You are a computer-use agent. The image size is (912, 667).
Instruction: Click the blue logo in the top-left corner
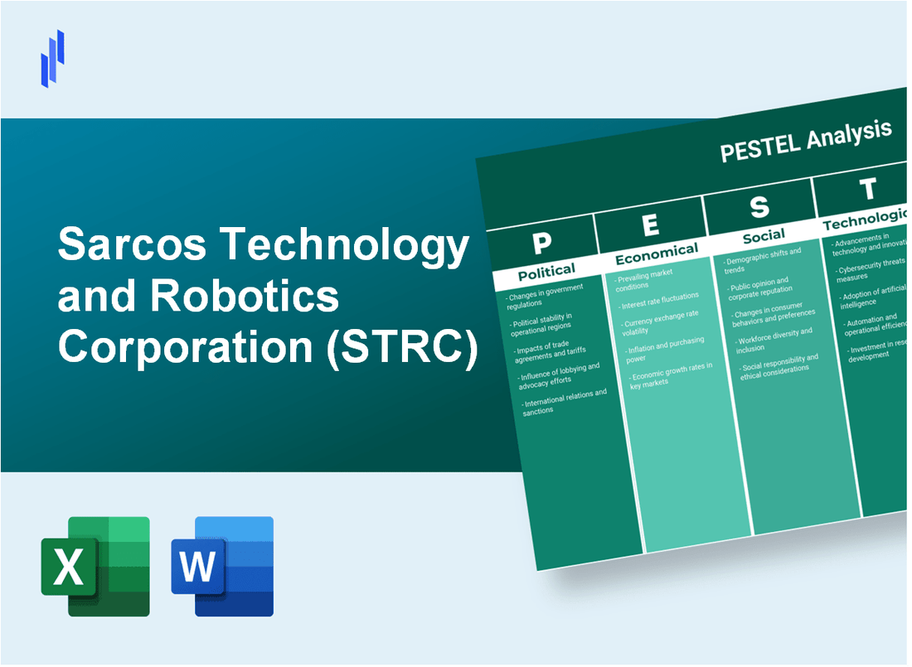click(52, 58)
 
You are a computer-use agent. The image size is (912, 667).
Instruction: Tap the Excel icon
click(95, 566)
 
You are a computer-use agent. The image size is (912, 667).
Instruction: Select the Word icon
click(222, 566)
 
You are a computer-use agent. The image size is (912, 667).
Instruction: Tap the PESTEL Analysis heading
click(805, 141)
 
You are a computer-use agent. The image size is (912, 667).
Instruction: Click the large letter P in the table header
click(542, 243)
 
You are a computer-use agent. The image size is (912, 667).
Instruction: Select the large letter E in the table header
click(651, 225)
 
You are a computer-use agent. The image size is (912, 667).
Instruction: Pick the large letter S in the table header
click(759, 207)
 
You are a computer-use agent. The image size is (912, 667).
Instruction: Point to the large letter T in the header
click(867, 191)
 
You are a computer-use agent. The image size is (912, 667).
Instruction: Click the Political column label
click(546, 271)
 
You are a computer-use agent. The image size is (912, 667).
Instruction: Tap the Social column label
click(764, 237)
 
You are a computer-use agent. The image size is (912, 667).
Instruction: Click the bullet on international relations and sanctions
click(564, 401)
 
